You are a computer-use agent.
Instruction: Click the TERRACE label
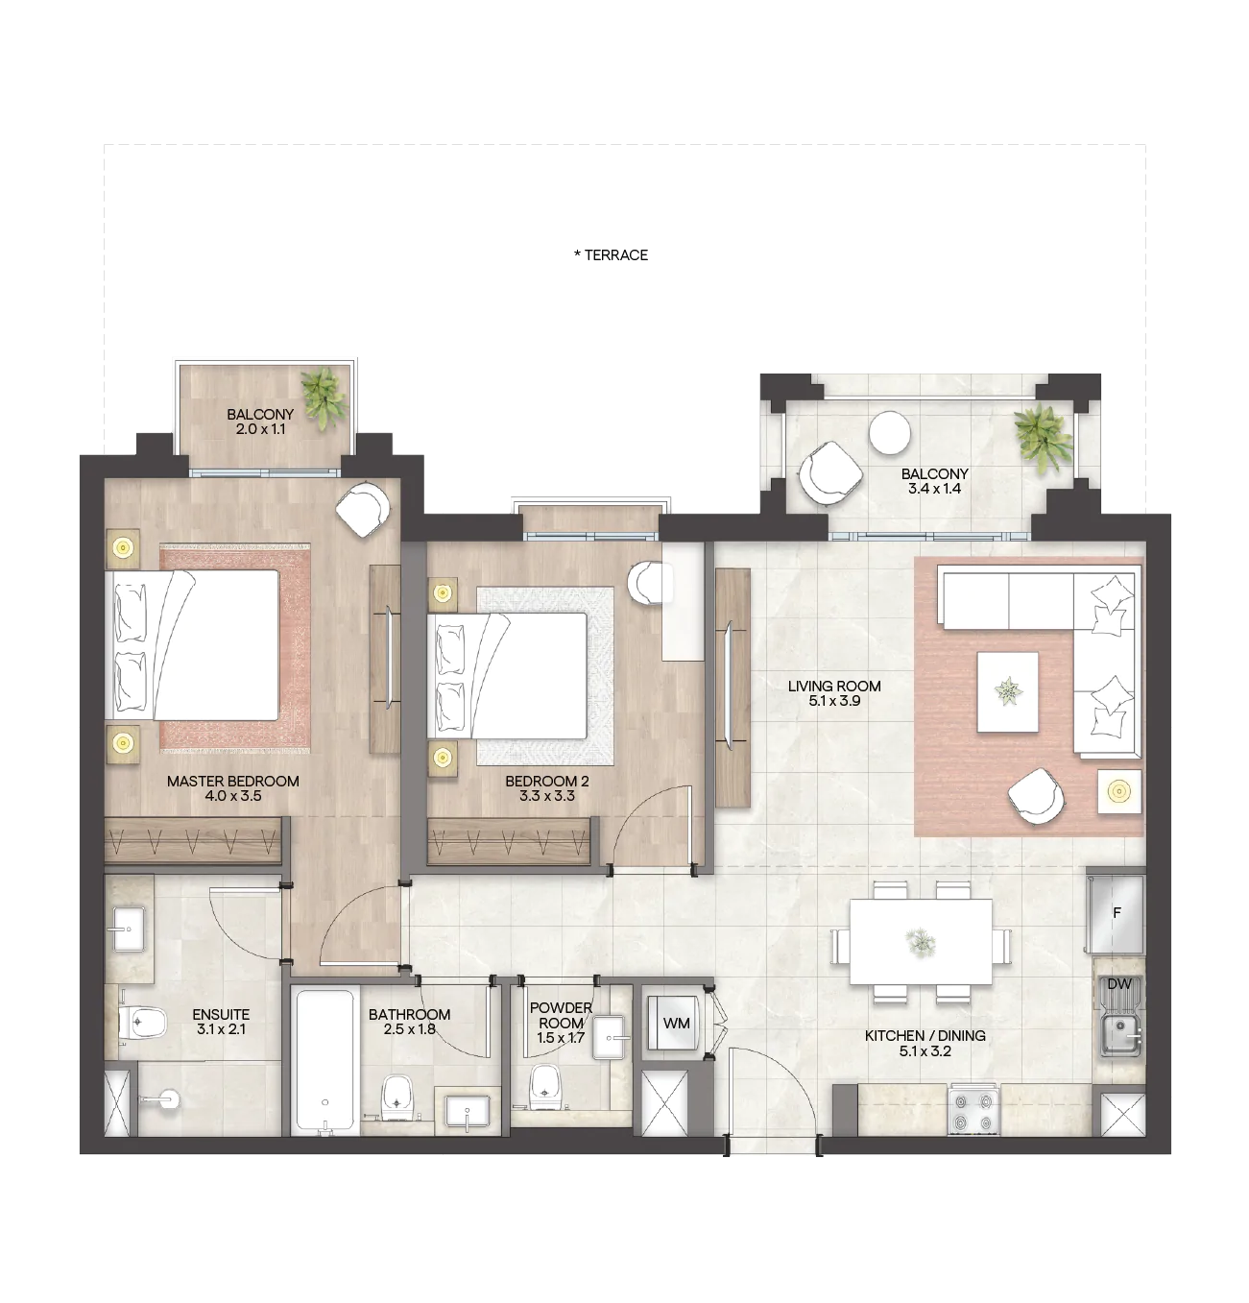(611, 255)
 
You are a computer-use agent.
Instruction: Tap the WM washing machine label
(676, 1024)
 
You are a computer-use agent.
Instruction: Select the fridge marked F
(1116, 913)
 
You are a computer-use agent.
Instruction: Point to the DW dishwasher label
(1119, 983)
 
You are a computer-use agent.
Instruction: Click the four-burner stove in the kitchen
(973, 1112)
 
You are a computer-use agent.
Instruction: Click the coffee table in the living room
(1007, 691)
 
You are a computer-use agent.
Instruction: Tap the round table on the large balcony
(890, 432)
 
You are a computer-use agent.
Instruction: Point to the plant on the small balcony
(324, 398)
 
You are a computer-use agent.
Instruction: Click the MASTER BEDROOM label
(233, 781)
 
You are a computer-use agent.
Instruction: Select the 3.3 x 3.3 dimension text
(547, 796)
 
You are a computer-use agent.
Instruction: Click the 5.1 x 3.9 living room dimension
(834, 701)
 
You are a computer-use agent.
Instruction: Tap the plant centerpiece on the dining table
(921, 941)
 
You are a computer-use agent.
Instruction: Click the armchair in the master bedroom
(362, 508)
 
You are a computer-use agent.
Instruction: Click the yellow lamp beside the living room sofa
(1118, 792)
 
